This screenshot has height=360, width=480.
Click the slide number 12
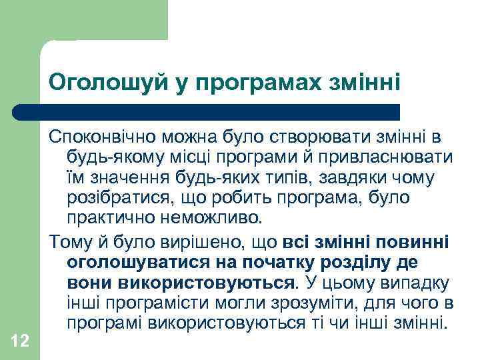pyautogui.click(x=20, y=342)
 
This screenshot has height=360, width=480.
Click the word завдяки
pyautogui.click(x=359, y=179)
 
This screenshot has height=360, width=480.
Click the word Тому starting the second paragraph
pyautogui.click(x=66, y=241)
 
